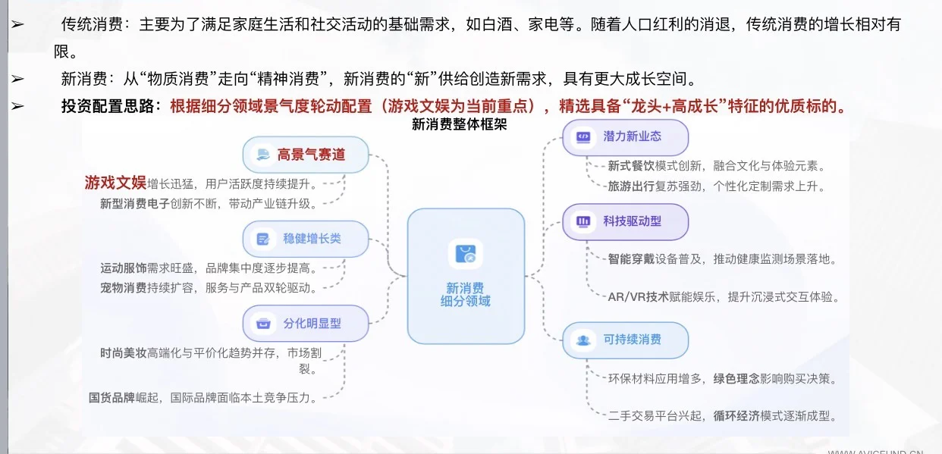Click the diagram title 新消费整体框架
click(459, 125)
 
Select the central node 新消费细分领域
click(466, 277)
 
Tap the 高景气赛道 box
click(305, 155)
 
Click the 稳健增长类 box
click(305, 239)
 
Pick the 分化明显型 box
click(305, 324)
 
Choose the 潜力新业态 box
click(625, 137)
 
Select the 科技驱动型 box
click(625, 221)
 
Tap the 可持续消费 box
click(625, 340)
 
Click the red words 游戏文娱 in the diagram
click(115, 183)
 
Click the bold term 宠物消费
click(123, 288)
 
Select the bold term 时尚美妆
click(123, 352)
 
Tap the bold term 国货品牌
click(112, 397)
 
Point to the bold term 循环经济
click(736, 416)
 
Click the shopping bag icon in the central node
click(466, 254)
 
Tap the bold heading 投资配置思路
click(110, 106)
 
